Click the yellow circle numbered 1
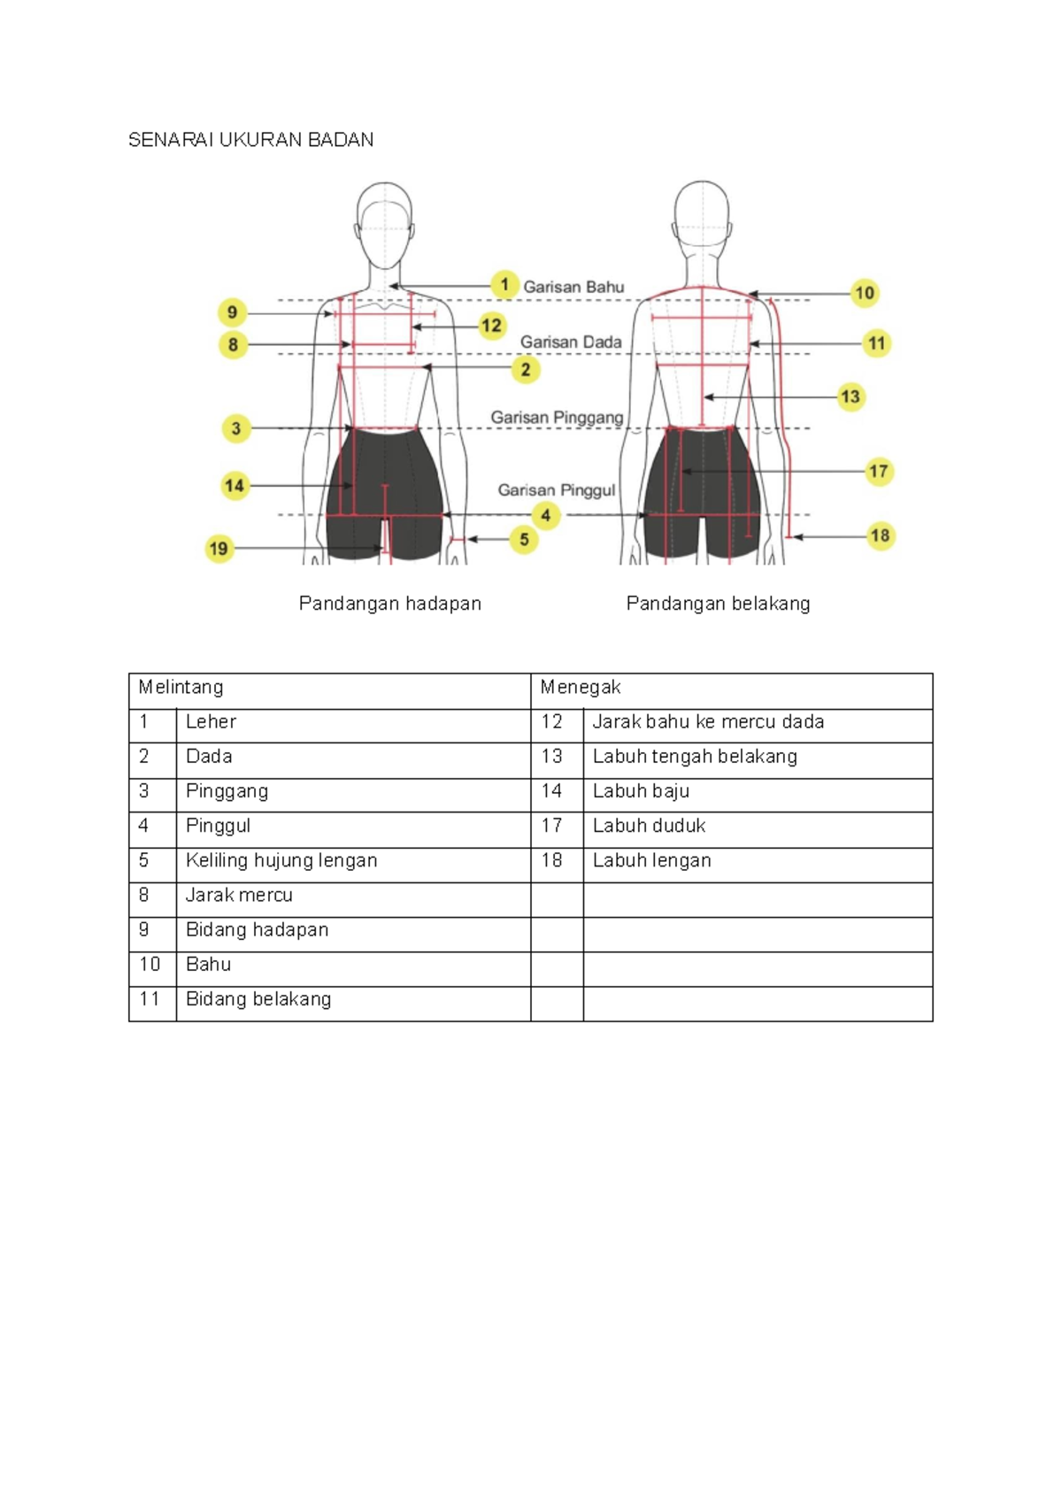[x=504, y=285]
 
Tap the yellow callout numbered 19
[x=219, y=549]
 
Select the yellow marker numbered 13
[x=850, y=396]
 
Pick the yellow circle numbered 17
[x=878, y=471]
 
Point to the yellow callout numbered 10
[x=865, y=293]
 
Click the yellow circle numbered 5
[x=524, y=539]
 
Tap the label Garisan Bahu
[x=573, y=287]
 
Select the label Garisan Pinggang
[x=557, y=417]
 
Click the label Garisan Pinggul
[x=556, y=489]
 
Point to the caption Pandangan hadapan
[x=389, y=604]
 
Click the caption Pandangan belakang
[x=718, y=604]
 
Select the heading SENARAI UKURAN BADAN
[x=250, y=140]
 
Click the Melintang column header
[x=181, y=688]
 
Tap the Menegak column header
[x=581, y=688]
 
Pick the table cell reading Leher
[x=211, y=722]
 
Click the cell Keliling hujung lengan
[x=281, y=860]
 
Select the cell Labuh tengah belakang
[x=695, y=757]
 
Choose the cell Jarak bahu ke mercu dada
[x=708, y=722]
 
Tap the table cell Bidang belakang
[x=258, y=999]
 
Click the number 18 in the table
[x=552, y=860]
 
